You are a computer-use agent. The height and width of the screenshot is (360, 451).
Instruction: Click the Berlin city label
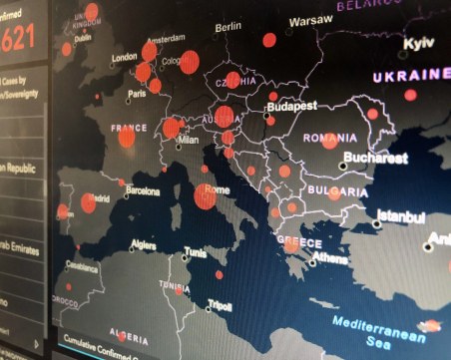pyautogui.click(x=227, y=27)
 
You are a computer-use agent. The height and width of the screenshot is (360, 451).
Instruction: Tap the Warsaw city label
pyautogui.click(x=311, y=20)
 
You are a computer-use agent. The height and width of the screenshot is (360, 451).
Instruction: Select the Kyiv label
pyautogui.click(x=418, y=44)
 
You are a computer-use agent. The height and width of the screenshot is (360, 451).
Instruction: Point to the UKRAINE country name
pyautogui.click(x=411, y=76)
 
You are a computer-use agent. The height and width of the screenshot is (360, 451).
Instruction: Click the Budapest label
pyautogui.click(x=291, y=105)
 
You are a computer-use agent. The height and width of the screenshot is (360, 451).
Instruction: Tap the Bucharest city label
pyautogui.click(x=374, y=158)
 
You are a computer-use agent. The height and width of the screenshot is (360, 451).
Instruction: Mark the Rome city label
pyautogui.click(x=218, y=189)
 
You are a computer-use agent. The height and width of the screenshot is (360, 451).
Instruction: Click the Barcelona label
pyautogui.click(x=143, y=189)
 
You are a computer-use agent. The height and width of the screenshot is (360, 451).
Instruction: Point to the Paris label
pyautogui.click(x=137, y=95)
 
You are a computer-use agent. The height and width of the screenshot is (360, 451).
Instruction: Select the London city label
pyautogui.click(x=124, y=58)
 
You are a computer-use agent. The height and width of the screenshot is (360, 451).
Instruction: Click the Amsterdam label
pyautogui.click(x=166, y=39)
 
